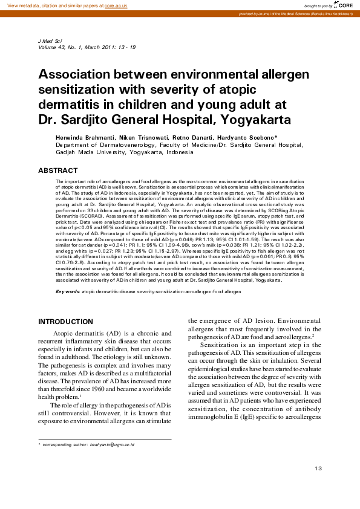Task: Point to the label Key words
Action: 67,291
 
